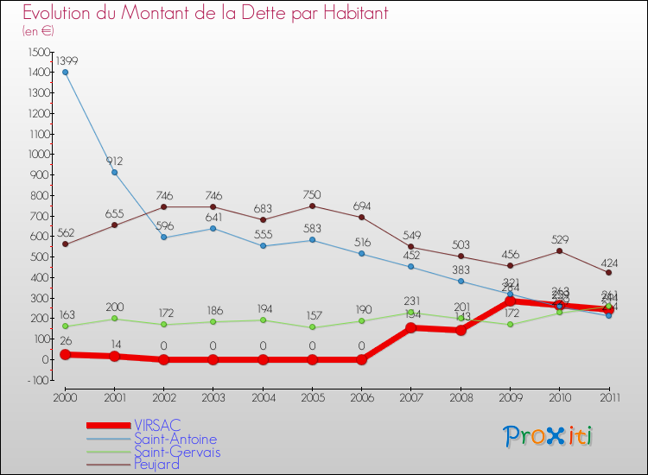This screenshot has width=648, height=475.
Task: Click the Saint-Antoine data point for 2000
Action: pyautogui.click(x=65, y=72)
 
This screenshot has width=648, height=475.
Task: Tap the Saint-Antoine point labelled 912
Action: pyautogui.click(x=114, y=172)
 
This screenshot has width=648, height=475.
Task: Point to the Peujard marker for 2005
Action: pyautogui.click(x=312, y=206)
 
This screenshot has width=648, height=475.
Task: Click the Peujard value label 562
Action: pyautogui.click(x=65, y=232)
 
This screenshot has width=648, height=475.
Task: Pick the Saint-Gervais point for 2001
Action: pyautogui.click(x=114, y=319)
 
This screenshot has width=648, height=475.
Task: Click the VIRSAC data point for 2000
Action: pyautogui.click(x=65, y=354)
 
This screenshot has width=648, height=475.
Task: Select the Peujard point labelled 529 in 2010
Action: pyautogui.click(x=559, y=250)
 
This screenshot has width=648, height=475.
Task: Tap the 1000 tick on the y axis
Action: pyautogui.click(x=37, y=155)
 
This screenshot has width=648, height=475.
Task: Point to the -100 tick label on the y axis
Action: pyautogui.click(x=37, y=380)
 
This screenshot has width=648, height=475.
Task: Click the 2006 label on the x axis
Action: pyautogui.click(x=361, y=396)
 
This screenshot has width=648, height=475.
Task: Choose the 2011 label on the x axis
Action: pyautogui.click(x=608, y=396)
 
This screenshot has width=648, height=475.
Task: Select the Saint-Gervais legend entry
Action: pyautogui.click(x=176, y=452)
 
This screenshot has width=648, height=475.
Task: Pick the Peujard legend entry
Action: pyautogui.click(x=156, y=465)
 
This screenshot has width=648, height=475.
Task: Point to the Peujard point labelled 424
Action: pyautogui.click(x=609, y=273)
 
